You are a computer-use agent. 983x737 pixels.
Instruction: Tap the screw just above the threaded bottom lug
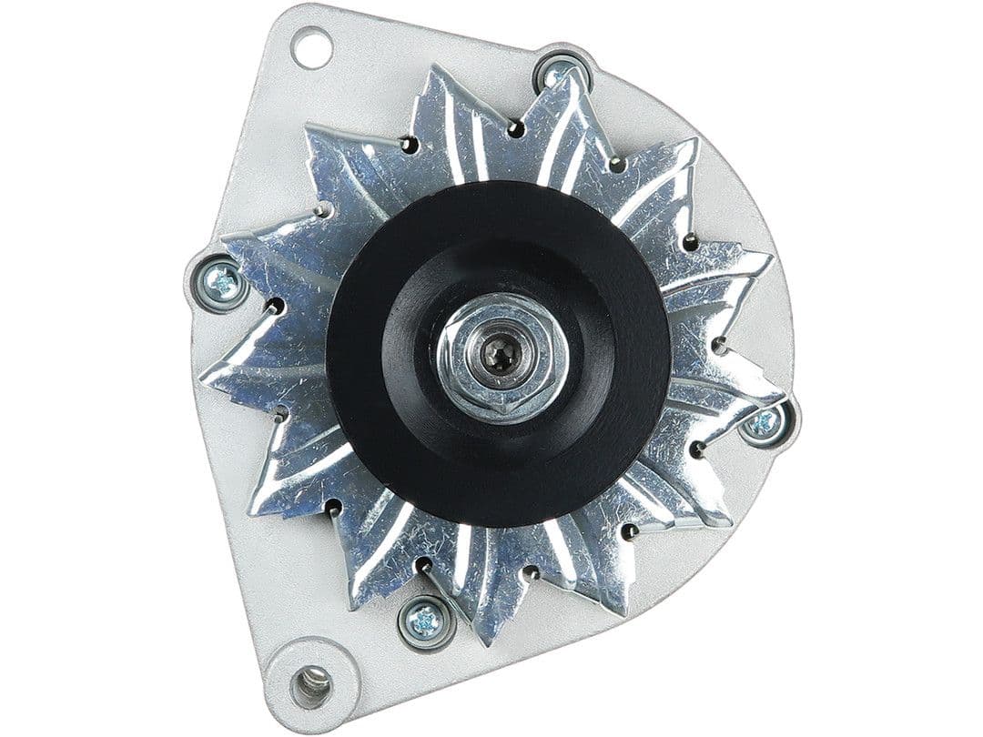[x=424, y=621]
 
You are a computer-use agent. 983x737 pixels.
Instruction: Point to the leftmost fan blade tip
[x=206, y=375]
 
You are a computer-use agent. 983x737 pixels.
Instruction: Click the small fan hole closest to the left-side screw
[x=272, y=307]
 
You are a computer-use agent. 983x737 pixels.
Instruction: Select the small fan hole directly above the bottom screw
[x=422, y=566]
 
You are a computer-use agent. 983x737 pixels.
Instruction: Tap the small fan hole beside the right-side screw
[x=698, y=449]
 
